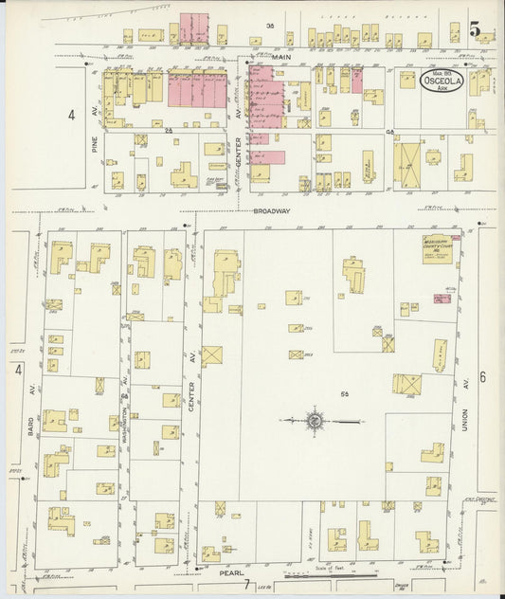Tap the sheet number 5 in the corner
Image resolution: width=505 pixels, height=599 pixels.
[x=479, y=31]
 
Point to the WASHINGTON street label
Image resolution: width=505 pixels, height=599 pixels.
[x=124, y=408]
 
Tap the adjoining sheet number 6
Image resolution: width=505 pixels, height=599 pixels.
[x=483, y=377]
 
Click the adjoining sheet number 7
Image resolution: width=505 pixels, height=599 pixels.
[x=245, y=584]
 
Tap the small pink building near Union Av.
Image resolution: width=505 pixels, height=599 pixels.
[x=442, y=298]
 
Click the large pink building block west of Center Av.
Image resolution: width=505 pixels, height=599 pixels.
[x=197, y=90]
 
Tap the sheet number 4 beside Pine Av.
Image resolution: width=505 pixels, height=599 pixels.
[x=70, y=115]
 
